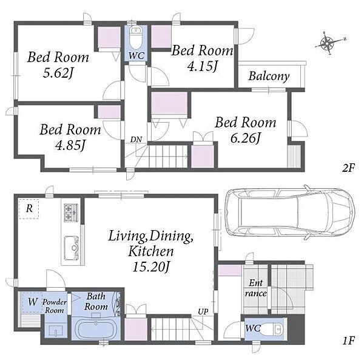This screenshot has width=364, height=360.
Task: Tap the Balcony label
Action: tap(269, 76)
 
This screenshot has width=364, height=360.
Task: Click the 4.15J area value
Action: tap(203, 66)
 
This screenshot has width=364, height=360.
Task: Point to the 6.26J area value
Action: tap(246, 138)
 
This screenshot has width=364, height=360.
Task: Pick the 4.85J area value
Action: tap(70, 145)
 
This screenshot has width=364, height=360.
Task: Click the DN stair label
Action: tap(136, 140)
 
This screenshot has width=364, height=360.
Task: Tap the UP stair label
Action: tap(203, 311)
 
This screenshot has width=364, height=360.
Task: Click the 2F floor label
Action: tap(348, 168)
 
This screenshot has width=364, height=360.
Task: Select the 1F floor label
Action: tap(348, 341)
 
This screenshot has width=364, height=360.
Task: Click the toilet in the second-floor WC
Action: tap(135, 38)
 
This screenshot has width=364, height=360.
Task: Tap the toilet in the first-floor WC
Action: tap(272, 328)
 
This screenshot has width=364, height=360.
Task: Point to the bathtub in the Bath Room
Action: tap(96, 330)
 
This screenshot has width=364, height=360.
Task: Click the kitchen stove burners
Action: tap(71, 212)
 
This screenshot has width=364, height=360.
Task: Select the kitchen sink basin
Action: tap(71, 248)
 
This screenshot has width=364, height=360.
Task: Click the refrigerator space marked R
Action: tap(29, 209)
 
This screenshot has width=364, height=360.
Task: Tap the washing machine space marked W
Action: tap(32, 302)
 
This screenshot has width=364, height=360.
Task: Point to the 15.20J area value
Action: tap(151, 267)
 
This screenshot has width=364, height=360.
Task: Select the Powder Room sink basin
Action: tap(56, 331)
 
